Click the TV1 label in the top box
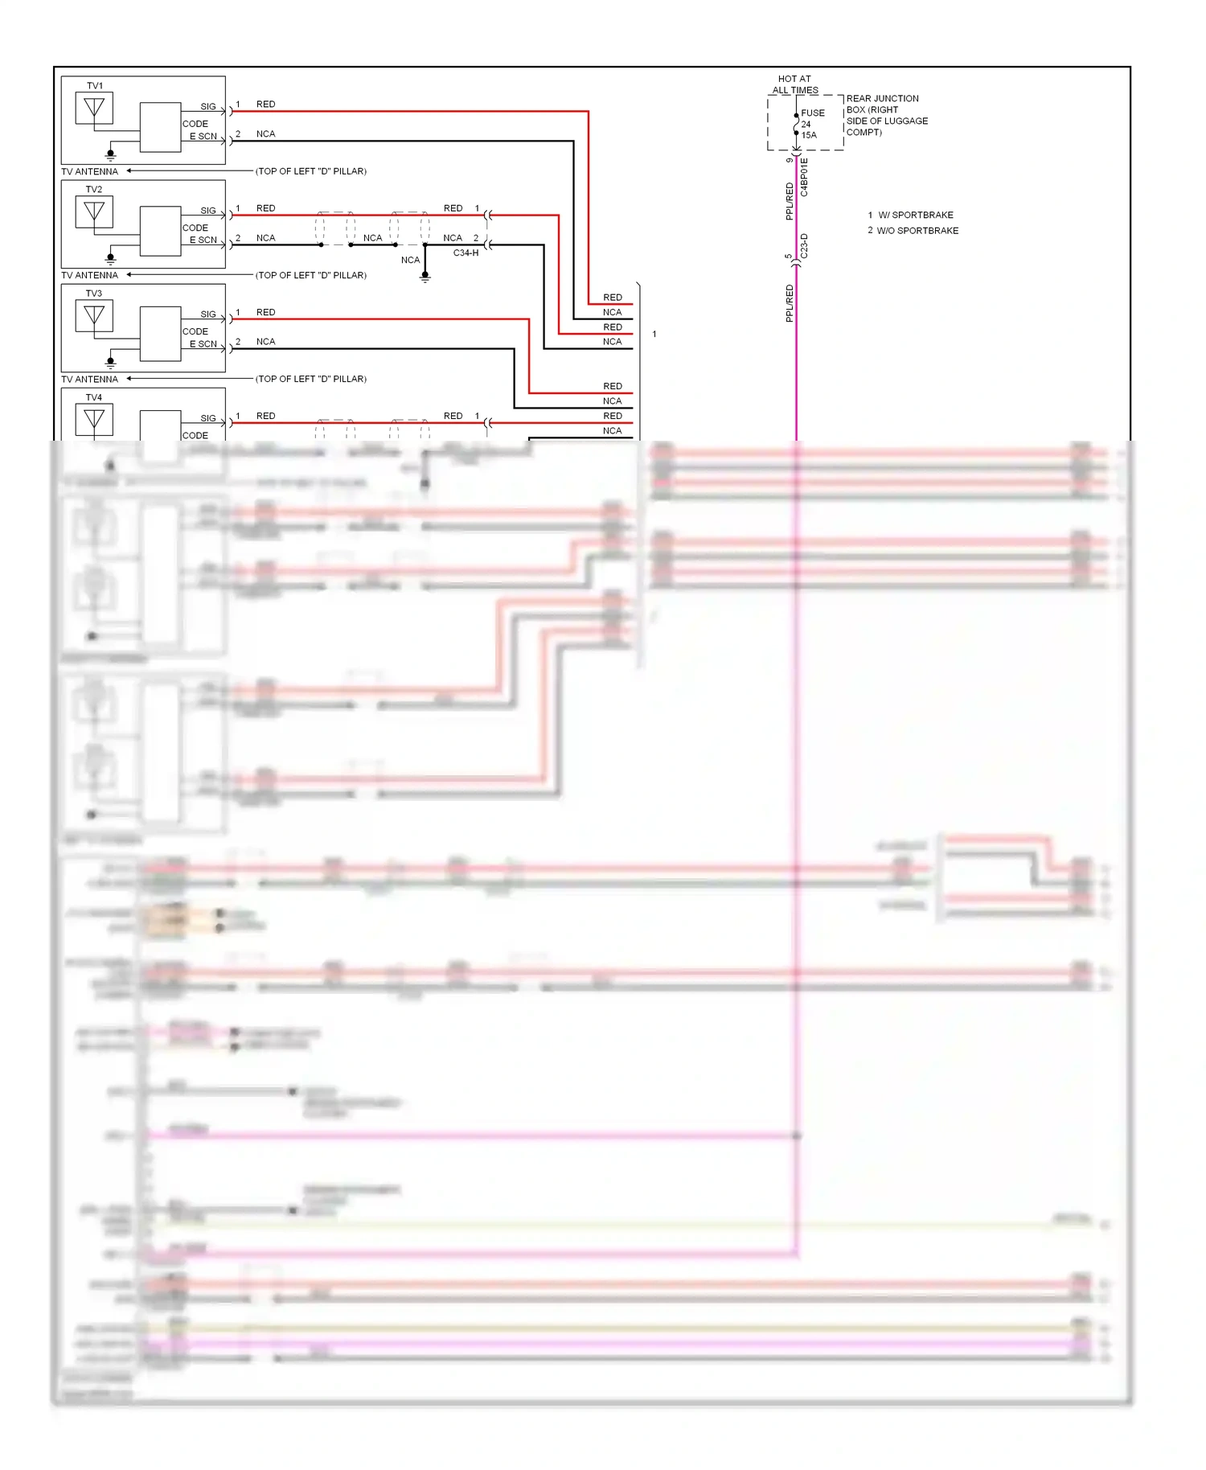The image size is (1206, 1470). [95, 86]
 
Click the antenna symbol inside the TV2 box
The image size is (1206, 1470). [94, 212]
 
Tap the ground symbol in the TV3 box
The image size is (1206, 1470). [111, 363]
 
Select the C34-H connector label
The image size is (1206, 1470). [466, 253]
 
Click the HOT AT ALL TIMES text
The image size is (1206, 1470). [794, 84]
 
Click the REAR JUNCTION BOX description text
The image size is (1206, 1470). [886, 115]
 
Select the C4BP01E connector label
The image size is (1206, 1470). [805, 178]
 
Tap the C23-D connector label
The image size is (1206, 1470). [805, 246]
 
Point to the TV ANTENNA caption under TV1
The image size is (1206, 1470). [89, 171]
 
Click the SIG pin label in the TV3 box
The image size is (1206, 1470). [208, 314]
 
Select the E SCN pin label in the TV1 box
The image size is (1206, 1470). [203, 137]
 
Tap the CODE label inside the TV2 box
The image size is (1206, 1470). [195, 228]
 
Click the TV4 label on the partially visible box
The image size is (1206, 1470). [94, 398]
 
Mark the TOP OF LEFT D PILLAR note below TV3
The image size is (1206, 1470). [311, 379]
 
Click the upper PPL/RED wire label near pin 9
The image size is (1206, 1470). [790, 201]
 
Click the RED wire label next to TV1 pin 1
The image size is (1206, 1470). [265, 105]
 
